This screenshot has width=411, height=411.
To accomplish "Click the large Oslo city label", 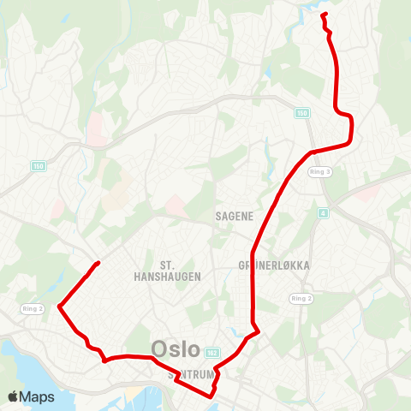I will click(x=176, y=349).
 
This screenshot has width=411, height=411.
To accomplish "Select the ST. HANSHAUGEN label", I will click(x=167, y=271).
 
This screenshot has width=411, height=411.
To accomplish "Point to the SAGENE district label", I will click(x=234, y=217).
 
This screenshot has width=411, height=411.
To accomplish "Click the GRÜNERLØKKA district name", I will click(x=275, y=265).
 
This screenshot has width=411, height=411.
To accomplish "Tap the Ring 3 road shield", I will click(x=319, y=171).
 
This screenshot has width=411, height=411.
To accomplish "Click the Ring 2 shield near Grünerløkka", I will click(x=301, y=298).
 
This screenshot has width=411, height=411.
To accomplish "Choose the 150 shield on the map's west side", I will click(x=37, y=165).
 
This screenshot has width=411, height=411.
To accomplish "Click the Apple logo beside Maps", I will click(x=13, y=396).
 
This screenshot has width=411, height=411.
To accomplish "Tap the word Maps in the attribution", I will click(x=37, y=396).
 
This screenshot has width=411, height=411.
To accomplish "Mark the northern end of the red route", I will click(x=323, y=15).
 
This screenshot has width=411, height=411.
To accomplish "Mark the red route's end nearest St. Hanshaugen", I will click(x=100, y=262).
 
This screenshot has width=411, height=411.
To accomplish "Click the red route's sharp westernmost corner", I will click(x=58, y=306).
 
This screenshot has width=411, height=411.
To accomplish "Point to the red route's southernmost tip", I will click(x=211, y=396).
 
